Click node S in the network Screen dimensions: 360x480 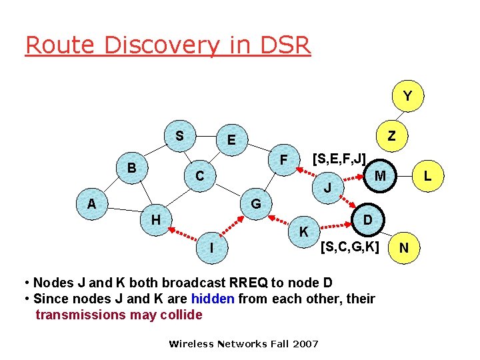(179, 136)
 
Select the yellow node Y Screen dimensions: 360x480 (407, 97)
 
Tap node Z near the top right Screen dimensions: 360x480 (392, 136)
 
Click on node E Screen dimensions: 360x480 (231, 140)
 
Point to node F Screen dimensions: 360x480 (283, 160)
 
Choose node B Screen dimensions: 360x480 (132, 167)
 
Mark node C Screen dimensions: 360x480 (199, 177)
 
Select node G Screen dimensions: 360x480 (255, 203)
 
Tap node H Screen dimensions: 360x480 (155, 219)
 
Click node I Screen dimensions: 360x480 (211, 248)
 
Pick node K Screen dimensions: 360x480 (303, 232)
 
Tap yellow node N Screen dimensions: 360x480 (404, 249)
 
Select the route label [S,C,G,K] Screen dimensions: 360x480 (349, 247)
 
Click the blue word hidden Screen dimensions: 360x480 (212, 299)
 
